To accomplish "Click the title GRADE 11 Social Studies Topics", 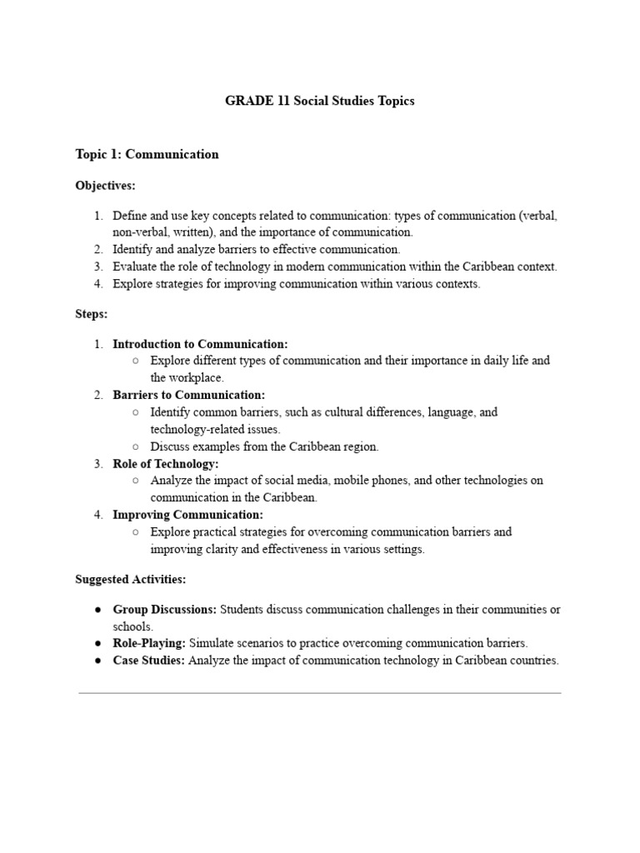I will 319,102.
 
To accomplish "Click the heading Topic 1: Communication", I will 147,154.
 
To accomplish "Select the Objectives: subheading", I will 105,185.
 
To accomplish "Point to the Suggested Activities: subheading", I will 131,579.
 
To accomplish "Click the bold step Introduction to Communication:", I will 200,344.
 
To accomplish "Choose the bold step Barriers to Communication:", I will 188,395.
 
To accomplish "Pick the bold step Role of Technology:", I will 165,463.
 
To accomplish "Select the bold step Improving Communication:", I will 187,515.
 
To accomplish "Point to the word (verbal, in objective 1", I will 537,216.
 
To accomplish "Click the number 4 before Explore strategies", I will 97,284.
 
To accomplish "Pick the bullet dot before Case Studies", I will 97,661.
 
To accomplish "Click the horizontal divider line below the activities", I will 319,692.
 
